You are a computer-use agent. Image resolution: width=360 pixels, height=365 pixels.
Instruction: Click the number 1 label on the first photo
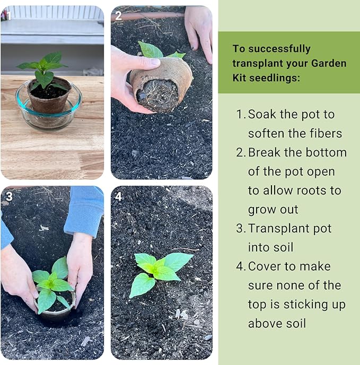click(x=7, y=15)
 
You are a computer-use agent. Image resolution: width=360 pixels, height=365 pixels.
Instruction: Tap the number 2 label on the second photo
click(x=119, y=15)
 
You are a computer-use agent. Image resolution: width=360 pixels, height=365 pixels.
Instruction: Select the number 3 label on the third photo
click(x=8, y=196)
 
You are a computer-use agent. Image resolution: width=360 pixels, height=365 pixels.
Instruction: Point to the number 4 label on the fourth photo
click(x=118, y=196)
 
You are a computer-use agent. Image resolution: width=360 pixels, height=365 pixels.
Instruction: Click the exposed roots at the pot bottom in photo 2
click(x=157, y=94)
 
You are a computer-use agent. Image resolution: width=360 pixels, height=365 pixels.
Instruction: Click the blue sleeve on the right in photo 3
click(x=85, y=210)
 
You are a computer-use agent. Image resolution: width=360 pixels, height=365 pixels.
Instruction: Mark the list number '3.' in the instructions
click(x=241, y=229)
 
